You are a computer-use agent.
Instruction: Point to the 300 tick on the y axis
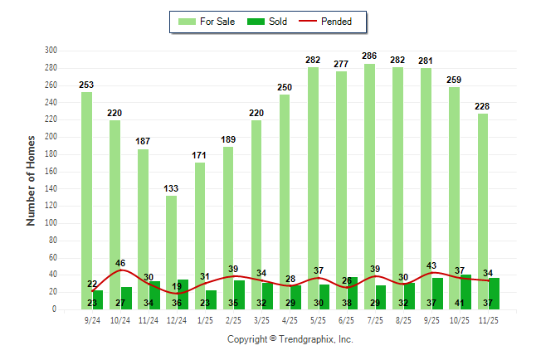pyautogui.click(x=51, y=51)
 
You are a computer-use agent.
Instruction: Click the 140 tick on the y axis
pyautogui.click(x=51, y=188)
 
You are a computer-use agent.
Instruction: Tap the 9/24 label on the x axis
pyautogui.click(x=92, y=319)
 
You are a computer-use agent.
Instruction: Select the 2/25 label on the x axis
pyautogui.click(x=233, y=319)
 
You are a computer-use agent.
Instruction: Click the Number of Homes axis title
pyautogui.click(x=32, y=180)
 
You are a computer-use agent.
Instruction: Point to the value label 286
pyautogui.click(x=369, y=56)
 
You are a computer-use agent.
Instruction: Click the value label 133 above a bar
pyautogui.click(x=171, y=188)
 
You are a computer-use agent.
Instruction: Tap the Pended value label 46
pyautogui.click(x=120, y=263)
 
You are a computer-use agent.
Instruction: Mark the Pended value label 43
pyautogui.click(x=431, y=265)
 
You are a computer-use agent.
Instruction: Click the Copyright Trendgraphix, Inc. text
pyautogui.click(x=290, y=339)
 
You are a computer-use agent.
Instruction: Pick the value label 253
pyautogui.click(x=86, y=85)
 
